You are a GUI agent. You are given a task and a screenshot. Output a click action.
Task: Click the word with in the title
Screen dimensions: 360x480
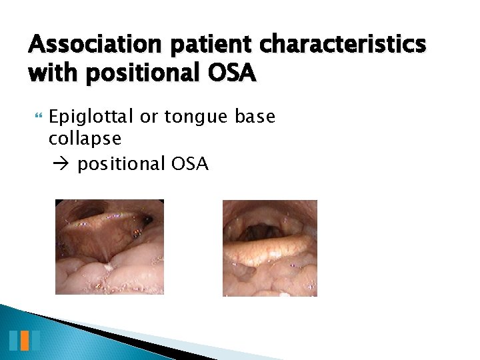pos(49,73)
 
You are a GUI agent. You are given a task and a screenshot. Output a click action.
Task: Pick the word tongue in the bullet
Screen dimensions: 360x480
pos(195,118)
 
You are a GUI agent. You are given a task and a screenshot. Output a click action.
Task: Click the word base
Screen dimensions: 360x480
pos(255,118)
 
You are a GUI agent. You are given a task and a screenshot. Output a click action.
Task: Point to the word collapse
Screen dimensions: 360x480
pos(85,139)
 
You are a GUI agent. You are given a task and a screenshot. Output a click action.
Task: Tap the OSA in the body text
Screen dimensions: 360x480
pos(191,164)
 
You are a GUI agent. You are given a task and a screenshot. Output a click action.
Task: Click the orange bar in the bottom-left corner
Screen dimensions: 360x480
pos(25,341)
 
